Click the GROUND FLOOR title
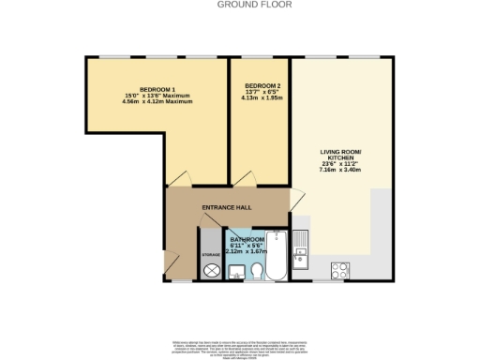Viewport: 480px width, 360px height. click(x=240, y=5)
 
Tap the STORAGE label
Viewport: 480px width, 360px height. click(x=211, y=254)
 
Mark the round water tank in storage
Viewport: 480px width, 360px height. click(x=211, y=270)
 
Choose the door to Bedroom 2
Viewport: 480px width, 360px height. click(x=246, y=178)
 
